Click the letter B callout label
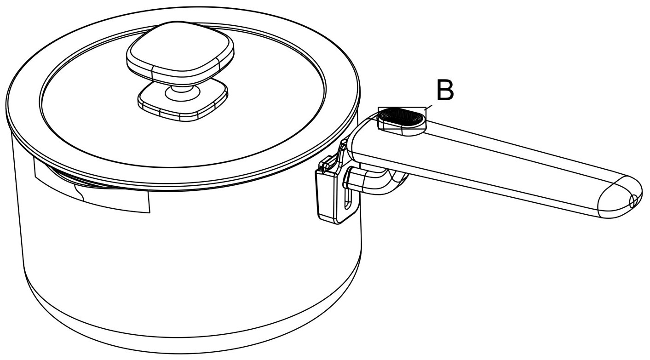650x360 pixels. coord(445,91)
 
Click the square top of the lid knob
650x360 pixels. coord(180,51)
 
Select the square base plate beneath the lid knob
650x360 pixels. coord(183,100)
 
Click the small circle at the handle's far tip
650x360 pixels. coord(633,201)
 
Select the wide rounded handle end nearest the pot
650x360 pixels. coord(366,137)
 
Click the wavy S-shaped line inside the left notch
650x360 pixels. coord(79,193)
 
